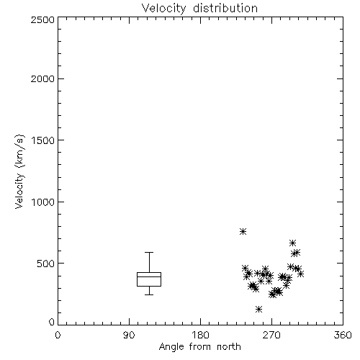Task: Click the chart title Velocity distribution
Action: click(x=199, y=9)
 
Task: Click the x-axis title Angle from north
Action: click(x=199, y=347)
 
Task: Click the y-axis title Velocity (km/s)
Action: click(x=19, y=171)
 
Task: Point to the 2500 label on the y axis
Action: click(x=42, y=19)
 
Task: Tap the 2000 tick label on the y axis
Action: click(x=42, y=78)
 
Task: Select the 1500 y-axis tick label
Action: click(x=43, y=140)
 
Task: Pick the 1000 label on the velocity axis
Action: click(x=43, y=202)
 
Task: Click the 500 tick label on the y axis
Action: click(x=46, y=264)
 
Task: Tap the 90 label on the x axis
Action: click(x=129, y=335)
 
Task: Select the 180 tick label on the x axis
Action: click(x=200, y=335)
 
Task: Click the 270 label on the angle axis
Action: click(x=271, y=335)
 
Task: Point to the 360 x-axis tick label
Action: click(x=343, y=335)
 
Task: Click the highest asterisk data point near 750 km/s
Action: click(x=243, y=231)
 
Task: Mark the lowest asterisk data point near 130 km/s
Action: click(x=258, y=309)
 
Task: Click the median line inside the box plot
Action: click(x=149, y=276)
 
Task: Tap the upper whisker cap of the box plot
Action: click(x=149, y=252)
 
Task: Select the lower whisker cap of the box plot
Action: click(x=149, y=294)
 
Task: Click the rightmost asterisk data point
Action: click(x=300, y=274)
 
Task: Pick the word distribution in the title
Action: click(x=225, y=9)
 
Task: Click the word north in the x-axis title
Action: click(x=229, y=347)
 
